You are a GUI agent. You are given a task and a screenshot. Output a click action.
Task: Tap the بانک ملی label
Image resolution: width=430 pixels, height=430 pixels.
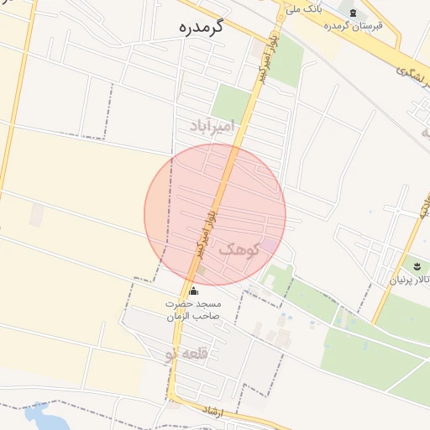pos(304,9)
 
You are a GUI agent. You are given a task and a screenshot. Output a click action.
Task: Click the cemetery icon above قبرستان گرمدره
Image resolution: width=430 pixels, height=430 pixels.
pos(353,13)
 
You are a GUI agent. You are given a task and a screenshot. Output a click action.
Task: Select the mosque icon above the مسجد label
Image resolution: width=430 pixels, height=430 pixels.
pos(194,291)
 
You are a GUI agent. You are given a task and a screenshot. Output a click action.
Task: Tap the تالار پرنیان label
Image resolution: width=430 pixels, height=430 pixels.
pos(409,279)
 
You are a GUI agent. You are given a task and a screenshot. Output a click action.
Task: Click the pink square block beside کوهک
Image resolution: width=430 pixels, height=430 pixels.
pos(267,244)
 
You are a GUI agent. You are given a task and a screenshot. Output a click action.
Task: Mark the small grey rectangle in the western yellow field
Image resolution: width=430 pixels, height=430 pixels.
pos(37,215)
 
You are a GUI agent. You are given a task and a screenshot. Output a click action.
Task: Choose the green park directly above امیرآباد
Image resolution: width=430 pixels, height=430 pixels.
pos(231,101)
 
